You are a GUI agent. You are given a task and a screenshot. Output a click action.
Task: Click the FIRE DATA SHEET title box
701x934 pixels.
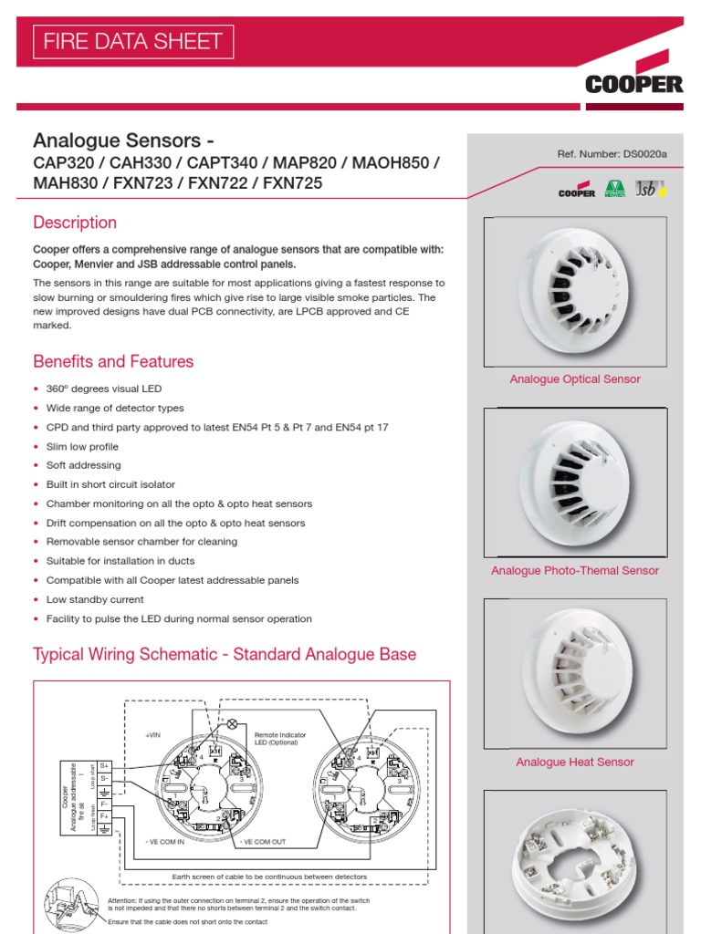[133, 41]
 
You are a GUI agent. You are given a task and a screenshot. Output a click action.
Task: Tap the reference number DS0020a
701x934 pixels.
[612, 154]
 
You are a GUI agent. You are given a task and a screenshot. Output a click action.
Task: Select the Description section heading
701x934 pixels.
[75, 223]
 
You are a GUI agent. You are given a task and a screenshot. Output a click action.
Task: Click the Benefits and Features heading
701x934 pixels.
[113, 361]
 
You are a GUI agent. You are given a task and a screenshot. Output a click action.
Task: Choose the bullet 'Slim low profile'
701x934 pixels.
[82, 447]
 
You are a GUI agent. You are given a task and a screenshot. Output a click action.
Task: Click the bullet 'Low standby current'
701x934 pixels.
[95, 599]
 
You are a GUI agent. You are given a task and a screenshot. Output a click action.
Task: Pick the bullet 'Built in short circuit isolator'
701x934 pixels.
[110, 484]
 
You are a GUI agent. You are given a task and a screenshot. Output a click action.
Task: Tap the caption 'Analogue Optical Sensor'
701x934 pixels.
[575, 379]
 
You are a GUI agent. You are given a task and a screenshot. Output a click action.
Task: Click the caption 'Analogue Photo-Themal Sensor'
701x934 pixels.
[575, 571]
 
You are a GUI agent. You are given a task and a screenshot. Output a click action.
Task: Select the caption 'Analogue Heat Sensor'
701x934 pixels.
[575, 763]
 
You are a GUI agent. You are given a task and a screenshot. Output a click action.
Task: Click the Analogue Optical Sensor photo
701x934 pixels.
[575, 289]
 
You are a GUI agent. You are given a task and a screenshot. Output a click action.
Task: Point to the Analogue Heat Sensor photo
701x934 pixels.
[575, 671]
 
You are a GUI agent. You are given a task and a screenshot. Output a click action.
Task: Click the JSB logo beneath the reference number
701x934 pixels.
[651, 190]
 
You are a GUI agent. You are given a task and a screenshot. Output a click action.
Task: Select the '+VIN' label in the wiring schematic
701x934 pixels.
[152, 733]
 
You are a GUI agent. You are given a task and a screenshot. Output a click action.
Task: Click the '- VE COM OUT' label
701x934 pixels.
[266, 842]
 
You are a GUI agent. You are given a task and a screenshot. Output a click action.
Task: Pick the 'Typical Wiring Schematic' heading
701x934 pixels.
[225, 654]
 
